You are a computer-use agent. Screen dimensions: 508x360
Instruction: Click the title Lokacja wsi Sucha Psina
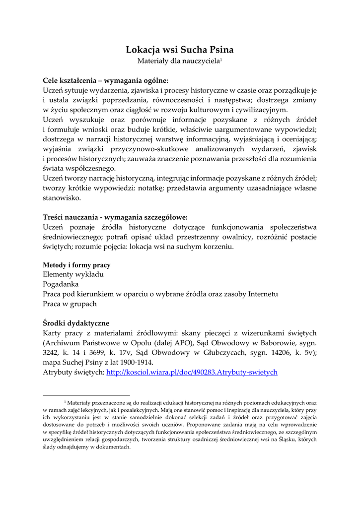[x=179, y=50]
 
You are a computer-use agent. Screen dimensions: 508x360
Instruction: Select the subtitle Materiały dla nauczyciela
[x=179, y=61]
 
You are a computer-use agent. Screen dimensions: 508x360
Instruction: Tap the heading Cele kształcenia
[x=105, y=80]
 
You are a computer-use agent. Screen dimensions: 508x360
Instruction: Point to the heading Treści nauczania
[x=115, y=217]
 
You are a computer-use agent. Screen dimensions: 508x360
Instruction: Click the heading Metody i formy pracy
[x=76, y=265]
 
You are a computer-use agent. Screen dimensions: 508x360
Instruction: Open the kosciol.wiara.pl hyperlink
[x=192, y=372]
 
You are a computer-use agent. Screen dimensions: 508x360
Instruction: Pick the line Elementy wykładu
[x=73, y=274]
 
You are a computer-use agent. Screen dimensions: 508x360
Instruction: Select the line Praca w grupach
[x=70, y=304]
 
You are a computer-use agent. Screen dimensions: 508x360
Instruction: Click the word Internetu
[x=259, y=294]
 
